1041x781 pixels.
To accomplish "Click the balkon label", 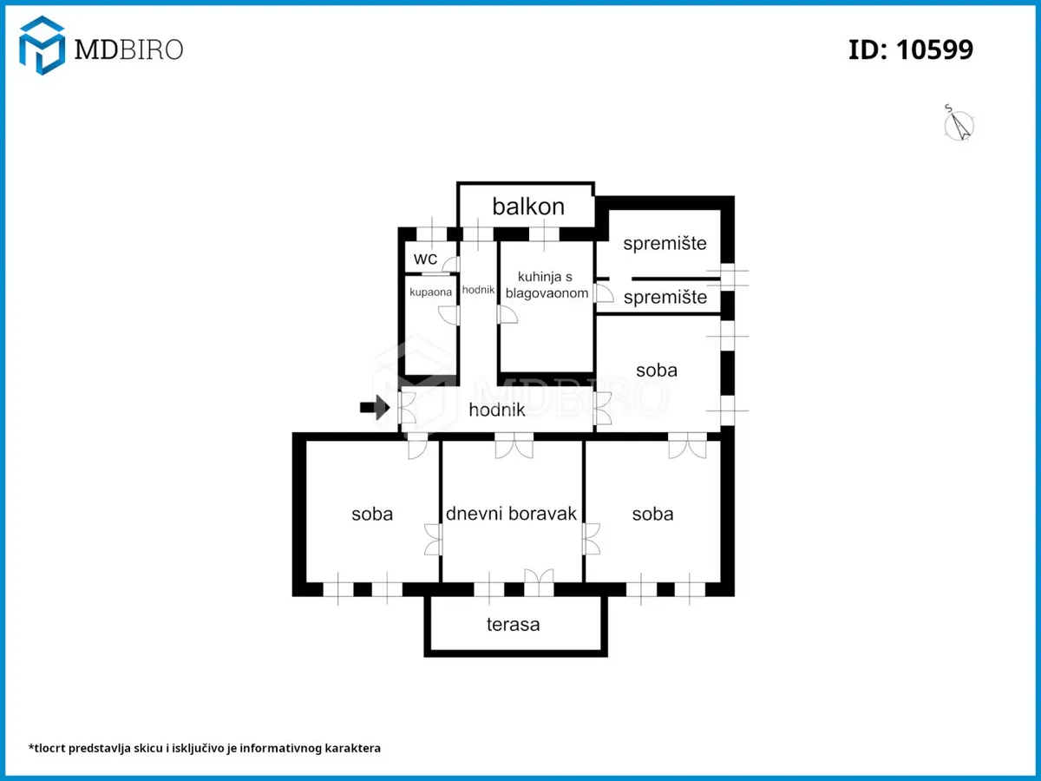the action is (x=528, y=207).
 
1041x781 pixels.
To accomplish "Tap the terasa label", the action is (x=514, y=625).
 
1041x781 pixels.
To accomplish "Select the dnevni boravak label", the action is (x=511, y=514).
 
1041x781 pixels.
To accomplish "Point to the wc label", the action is (x=425, y=259).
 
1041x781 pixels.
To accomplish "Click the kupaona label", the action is (x=430, y=292).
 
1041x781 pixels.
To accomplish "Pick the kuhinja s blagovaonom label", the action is (x=547, y=285).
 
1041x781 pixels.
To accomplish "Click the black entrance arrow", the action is (x=375, y=407).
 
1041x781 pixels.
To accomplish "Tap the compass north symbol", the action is (x=959, y=125).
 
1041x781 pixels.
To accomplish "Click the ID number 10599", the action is (x=934, y=49).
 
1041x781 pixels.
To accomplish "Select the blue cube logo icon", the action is (x=43, y=45).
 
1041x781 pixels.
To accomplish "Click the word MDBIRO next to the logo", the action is (x=128, y=49).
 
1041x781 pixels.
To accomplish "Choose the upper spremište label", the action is (x=665, y=243).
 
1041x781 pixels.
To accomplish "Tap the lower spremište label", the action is (x=665, y=298).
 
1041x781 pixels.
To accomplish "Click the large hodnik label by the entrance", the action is (x=497, y=410).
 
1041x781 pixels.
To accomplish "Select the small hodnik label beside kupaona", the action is (x=478, y=290).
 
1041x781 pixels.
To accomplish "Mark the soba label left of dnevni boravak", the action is (x=372, y=514).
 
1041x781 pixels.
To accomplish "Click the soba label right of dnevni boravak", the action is (x=652, y=514).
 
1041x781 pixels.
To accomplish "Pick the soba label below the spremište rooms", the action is (x=657, y=371).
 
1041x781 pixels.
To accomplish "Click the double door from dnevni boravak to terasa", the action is (x=539, y=582).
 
